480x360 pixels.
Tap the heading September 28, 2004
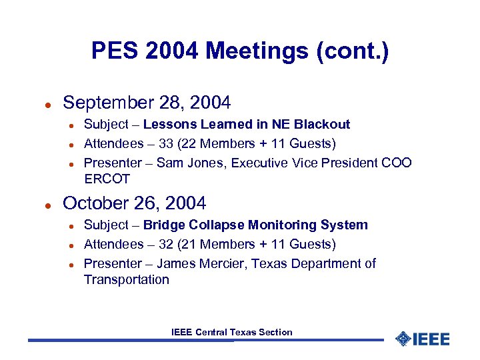pos(147,103)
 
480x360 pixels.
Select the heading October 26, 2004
pos(135,203)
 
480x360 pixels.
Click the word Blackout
pos(324,125)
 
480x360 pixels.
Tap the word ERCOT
pos(107,179)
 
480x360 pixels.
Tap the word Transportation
pos(127,280)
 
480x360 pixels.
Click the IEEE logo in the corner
pos(423,339)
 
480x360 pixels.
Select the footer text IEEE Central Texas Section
pos(231,332)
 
